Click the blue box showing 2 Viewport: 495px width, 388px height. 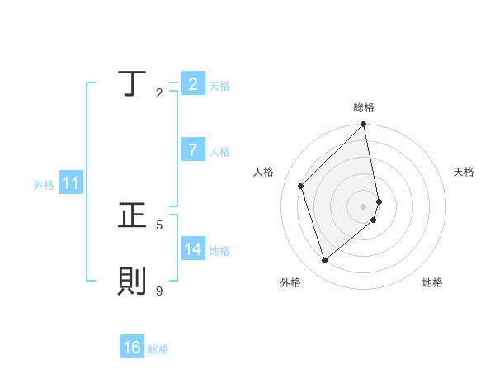pos(192,83)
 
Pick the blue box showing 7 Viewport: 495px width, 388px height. pos(192,150)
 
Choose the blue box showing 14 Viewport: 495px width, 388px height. pos(193,249)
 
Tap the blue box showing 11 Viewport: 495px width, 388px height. pos(70,184)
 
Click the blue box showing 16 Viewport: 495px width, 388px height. pos(132,348)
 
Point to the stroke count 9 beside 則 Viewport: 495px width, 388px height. pos(159,291)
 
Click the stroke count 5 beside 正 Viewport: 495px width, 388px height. pos(159,224)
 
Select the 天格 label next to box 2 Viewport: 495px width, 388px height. pos(219,85)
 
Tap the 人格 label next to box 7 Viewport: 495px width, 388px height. pos(219,152)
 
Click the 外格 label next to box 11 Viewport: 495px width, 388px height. pos(44,185)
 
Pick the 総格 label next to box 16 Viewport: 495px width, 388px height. pos(158,349)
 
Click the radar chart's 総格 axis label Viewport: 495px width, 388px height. pos(364,107)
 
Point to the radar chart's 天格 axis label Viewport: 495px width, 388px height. pos(464,172)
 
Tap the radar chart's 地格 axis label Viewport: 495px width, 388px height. pos(432,282)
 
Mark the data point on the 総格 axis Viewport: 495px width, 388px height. pos(364,125)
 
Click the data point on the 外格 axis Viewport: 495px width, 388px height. pos(325,260)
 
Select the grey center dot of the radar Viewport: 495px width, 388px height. pos(364,206)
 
